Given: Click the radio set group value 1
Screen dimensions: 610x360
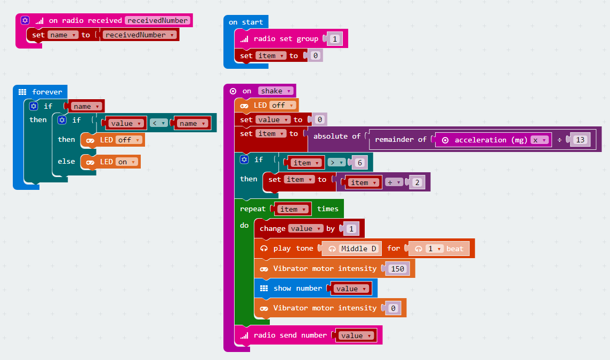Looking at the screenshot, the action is click(x=334, y=39).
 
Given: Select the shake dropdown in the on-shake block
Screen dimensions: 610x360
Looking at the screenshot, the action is click(x=275, y=91).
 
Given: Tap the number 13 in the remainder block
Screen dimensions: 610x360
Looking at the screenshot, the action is click(x=580, y=140).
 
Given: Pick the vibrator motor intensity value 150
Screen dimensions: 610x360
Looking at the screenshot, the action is click(x=397, y=269).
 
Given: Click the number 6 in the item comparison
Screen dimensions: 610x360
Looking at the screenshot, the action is click(x=359, y=163).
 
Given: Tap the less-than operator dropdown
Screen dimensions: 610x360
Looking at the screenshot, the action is click(x=158, y=123).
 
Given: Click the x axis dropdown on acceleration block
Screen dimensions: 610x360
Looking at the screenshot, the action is click(x=540, y=140).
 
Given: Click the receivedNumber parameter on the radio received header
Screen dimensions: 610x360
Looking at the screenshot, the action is click(x=157, y=20).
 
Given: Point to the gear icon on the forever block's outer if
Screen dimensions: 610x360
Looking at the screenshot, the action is click(x=33, y=106).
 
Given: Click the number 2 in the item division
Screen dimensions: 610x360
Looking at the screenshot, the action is click(x=416, y=182).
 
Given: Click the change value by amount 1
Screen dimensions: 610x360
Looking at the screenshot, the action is click(x=351, y=229).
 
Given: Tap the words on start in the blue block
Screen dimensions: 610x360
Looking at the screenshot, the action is click(x=246, y=22).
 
